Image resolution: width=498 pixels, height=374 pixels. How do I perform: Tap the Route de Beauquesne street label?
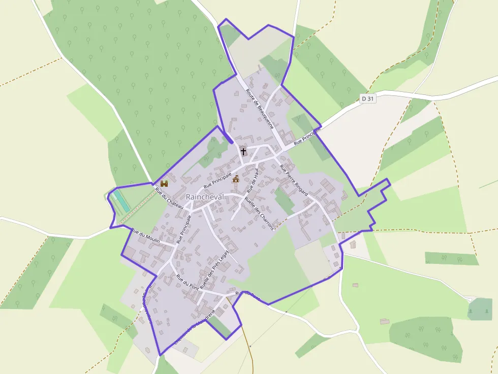pos(259,109)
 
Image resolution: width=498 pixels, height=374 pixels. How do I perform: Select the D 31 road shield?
pos(368,99)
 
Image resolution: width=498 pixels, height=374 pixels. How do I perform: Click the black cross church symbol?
pos(243,151)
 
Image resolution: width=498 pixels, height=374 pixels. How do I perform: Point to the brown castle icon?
pos(164,183)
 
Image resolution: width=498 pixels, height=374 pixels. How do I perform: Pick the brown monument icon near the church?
pos(236,179)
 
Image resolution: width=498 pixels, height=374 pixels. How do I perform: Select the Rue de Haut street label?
pos(253,181)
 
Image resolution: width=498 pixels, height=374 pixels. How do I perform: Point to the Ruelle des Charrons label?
pos(259,213)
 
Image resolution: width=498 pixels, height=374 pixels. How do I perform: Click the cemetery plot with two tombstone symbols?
pos(480,309)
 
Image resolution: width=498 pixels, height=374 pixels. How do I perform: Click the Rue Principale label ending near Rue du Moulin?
pos(183,229)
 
